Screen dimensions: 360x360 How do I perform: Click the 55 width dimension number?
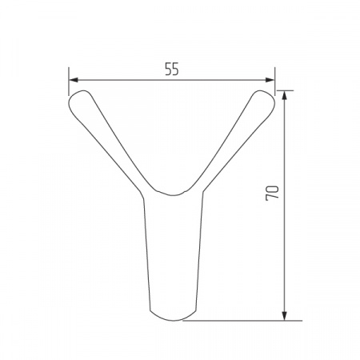click(x=172, y=70)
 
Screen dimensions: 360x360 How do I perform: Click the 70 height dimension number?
click(x=272, y=193)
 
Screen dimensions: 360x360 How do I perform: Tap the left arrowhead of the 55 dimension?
click(x=74, y=80)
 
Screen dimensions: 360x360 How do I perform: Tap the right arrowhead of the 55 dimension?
click(x=270, y=80)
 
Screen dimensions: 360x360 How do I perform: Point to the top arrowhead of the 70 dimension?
click(x=284, y=95)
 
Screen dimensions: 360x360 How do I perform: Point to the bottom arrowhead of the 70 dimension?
click(x=284, y=315)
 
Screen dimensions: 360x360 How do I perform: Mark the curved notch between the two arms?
click(x=173, y=194)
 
